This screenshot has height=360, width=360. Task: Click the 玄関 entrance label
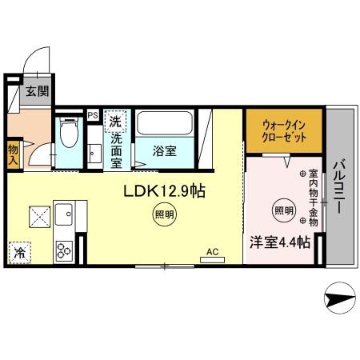tap(38, 91)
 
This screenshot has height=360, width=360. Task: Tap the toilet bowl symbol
tap(69, 132)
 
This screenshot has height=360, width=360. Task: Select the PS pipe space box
tap(93, 115)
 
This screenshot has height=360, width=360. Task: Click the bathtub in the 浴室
tap(165, 123)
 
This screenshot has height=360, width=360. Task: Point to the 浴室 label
tap(165, 151)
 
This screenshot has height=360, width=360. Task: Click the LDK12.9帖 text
tap(164, 191)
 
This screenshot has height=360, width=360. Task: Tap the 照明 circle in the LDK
tap(165, 214)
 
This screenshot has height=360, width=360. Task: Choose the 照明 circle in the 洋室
tap(284, 210)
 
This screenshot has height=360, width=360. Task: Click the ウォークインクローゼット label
tap(284, 131)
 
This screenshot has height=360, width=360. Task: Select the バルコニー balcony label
tap(339, 186)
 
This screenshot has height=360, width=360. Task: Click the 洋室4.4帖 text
tap(280, 242)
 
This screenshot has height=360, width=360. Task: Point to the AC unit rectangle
tap(212, 260)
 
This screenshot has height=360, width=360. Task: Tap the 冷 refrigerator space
tap(20, 253)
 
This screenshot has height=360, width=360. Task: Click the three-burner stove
tap(64, 250)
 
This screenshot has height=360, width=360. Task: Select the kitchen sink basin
tap(64, 214)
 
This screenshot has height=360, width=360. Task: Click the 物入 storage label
tap(13, 155)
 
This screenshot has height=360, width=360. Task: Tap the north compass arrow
tap(340, 298)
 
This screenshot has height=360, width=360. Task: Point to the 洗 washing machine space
tap(115, 122)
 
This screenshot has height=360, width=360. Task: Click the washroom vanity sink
tap(94, 154)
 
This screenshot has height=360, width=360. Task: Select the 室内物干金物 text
tap(314, 198)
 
